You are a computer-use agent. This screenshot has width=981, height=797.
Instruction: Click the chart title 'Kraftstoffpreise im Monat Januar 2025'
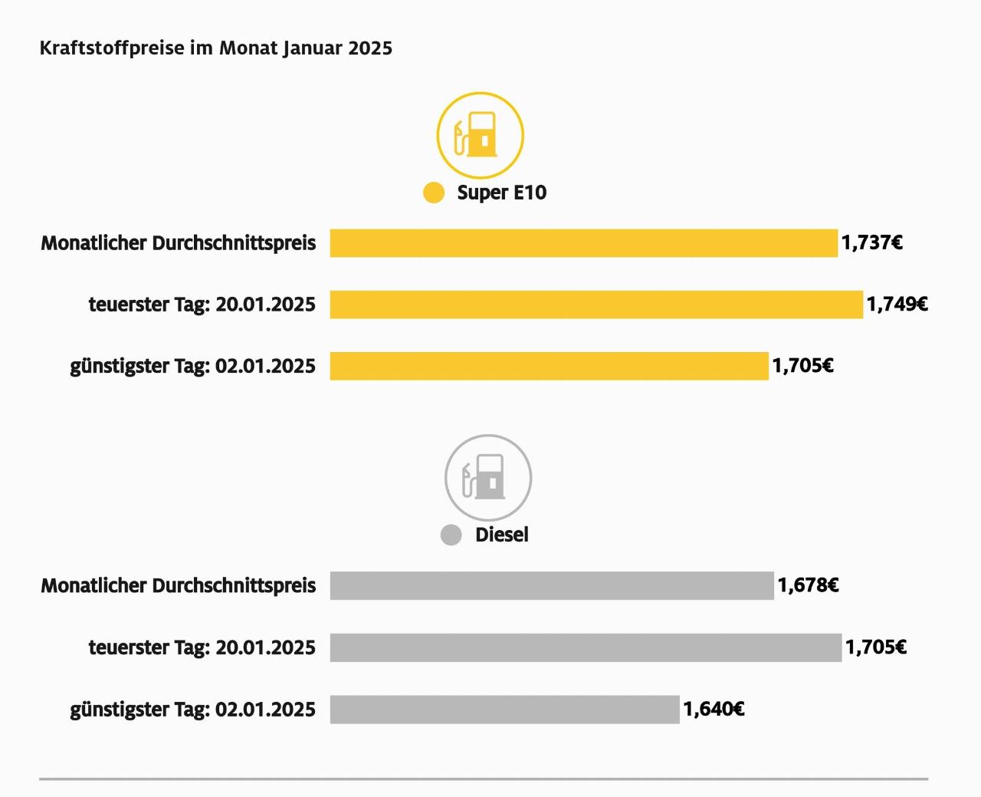tap(215, 48)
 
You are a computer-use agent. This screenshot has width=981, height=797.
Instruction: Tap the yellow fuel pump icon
tap(480, 135)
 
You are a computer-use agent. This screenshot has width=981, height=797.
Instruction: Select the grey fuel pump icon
tap(488, 478)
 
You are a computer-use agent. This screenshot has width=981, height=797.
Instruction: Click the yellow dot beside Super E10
tap(434, 193)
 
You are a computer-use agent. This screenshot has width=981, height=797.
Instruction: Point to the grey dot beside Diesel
tap(451, 535)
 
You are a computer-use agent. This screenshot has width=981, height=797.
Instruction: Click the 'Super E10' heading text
tap(501, 193)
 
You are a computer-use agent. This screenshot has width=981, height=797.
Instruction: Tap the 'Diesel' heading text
tap(501, 535)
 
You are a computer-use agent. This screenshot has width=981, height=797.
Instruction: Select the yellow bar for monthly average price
tap(583, 243)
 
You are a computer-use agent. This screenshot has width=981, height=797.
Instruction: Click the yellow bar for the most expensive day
tap(596, 305)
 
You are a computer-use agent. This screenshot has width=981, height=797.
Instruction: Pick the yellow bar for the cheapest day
tap(549, 366)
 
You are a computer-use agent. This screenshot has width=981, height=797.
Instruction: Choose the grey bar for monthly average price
tap(552, 586)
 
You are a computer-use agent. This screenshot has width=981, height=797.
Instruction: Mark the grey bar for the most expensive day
tap(586, 647)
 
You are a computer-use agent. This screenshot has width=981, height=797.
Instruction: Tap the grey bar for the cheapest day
tap(504, 710)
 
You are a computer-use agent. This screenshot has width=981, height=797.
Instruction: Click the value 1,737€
tap(871, 243)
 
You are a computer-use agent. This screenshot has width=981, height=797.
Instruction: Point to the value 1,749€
tap(897, 305)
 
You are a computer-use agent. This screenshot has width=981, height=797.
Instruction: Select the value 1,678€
tap(808, 586)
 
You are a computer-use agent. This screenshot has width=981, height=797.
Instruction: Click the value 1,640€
tap(714, 710)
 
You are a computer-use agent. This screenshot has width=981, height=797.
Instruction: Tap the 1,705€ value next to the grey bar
tap(876, 647)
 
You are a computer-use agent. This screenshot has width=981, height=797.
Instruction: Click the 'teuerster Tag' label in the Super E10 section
tap(202, 305)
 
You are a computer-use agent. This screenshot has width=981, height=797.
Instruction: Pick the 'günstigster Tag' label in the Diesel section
tap(192, 710)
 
